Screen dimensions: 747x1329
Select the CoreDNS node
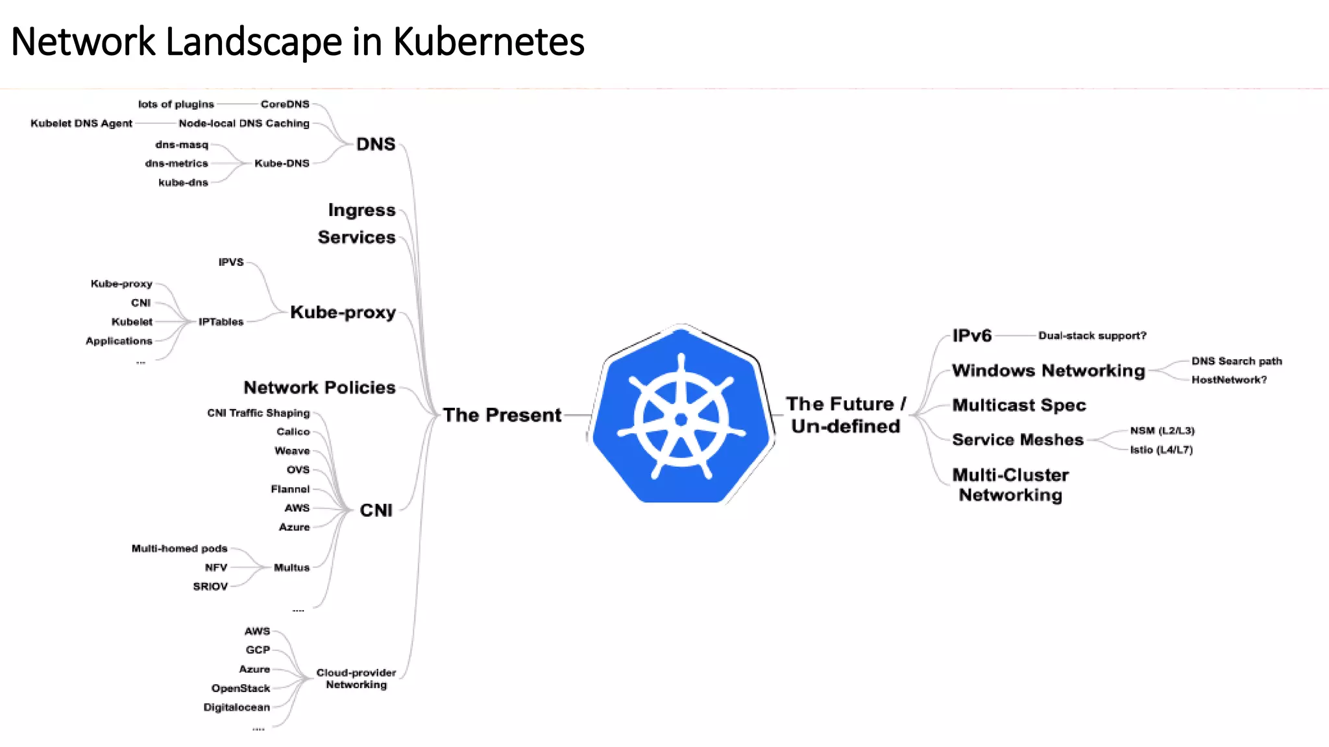pyautogui.click(x=285, y=104)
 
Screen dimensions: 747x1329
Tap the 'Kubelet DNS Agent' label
pyautogui.click(x=81, y=123)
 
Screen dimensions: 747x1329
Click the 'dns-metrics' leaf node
pyautogui.click(x=177, y=163)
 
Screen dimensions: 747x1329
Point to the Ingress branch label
pyautogui.click(x=361, y=210)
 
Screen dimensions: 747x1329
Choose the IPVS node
pyautogui.click(x=231, y=262)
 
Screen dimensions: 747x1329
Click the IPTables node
pyautogui.click(x=221, y=322)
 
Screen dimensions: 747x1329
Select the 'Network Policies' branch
pyautogui.click(x=319, y=388)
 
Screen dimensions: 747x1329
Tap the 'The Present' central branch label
pyautogui.click(x=502, y=415)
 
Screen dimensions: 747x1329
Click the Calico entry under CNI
pyautogui.click(x=293, y=432)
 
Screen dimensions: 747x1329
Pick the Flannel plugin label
pyautogui.click(x=290, y=489)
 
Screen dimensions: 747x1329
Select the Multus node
pyautogui.click(x=291, y=567)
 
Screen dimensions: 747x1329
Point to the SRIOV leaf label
pyautogui.click(x=210, y=586)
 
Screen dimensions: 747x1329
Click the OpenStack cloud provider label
pyautogui.click(x=240, y=688)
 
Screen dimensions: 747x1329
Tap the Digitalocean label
pyautogui.click(x=236, y=707)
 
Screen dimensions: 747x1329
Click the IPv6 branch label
pyautogui.click(x=971, y=336)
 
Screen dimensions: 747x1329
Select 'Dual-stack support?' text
pyautogui.click(x=1092, y=336)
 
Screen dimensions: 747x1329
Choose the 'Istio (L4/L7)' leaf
pyautogui.click(x=1161, y=449)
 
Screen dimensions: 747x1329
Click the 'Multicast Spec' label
pyautogui.click(x=1019, y=405)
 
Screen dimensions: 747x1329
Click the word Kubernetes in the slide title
pyautogui.click(x=489, y=42)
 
